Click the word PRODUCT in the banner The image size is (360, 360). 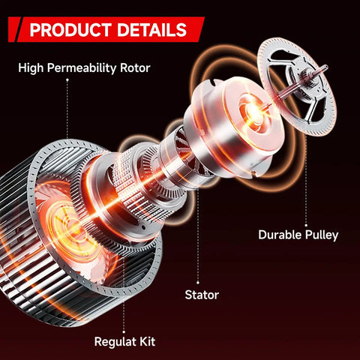(70, 30)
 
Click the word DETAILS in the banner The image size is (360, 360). (152, 30)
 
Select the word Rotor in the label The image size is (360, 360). (135, 68)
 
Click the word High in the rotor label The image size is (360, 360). (31, 68)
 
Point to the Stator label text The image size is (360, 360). (202, 295)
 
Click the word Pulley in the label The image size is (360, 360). (322, 235)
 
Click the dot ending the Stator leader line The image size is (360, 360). (198, 283)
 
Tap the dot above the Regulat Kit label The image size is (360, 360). (124, 332)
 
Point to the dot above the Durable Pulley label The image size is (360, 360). (306, 225)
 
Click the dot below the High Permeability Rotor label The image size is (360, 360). (67, 79)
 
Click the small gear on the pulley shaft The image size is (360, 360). (305, 74)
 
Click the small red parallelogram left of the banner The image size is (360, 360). (14, 29)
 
